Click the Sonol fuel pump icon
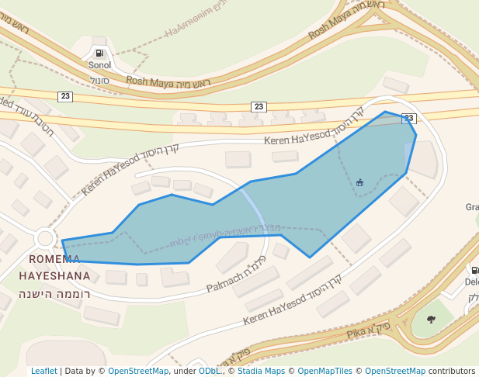point(99,54)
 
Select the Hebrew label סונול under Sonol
point(99,80)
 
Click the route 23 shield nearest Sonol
point(65,95)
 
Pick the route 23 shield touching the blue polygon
point(409,118)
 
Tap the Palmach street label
point(225,284)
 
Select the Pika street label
point(360,334)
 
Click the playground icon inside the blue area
point(359,182)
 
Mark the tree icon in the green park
point(431,318)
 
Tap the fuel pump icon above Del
point(474,270)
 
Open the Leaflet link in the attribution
point(43,371)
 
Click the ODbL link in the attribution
point(209,371)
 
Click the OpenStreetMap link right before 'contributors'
point(394,371)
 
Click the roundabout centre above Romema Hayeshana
point(44,239)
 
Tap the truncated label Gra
point(471,207)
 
